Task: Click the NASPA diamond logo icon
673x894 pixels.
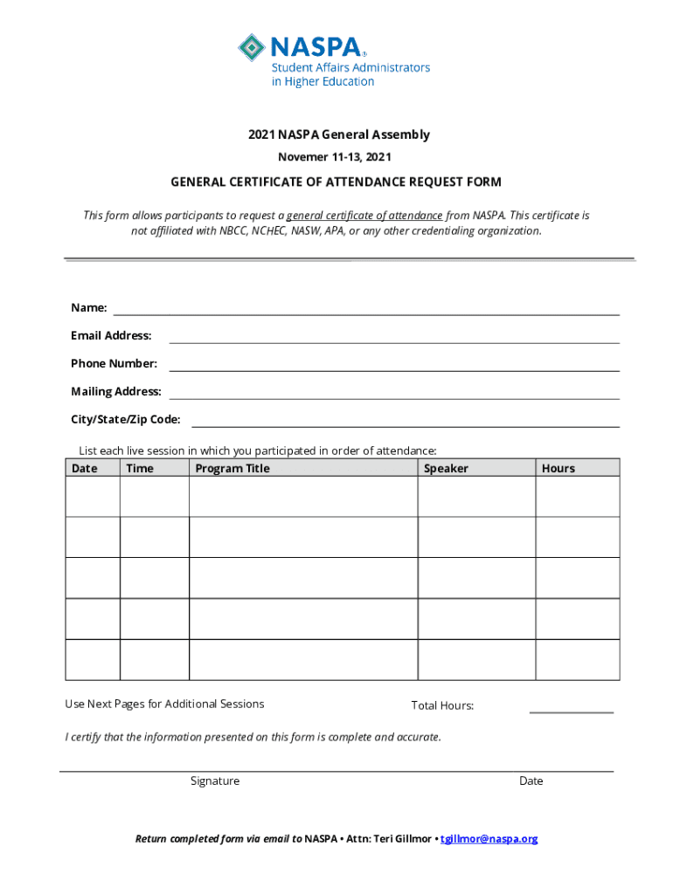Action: (x=253, y=47)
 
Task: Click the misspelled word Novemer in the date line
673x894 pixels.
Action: (x=302, y=157)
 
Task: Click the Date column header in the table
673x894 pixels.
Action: (x=85, y=469)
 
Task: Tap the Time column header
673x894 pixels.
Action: (x=140, y=469)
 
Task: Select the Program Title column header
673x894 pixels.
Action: (x=232, y=469)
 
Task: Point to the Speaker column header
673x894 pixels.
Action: (x=446, y=469)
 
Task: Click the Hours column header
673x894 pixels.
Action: (x=559, y=469)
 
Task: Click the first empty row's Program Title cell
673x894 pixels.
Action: (x=302, y=497)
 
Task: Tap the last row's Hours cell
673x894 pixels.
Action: (x=578, y=660)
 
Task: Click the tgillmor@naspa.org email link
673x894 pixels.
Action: (x=489, y=839)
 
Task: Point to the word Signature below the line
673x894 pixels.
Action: (x=215, y=781)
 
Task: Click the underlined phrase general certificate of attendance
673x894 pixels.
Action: (x=364, y=216)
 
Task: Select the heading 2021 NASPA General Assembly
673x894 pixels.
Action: (x=338, y=134)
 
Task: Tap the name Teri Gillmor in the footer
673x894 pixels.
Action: (x=401, y=839)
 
